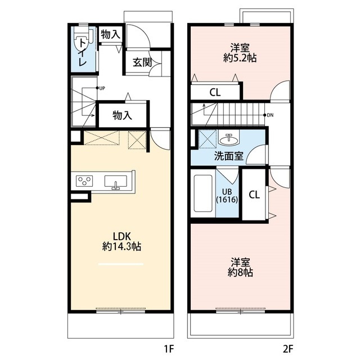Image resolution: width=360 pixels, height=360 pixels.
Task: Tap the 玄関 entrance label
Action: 142,62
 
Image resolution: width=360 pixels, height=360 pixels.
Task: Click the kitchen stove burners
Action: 84,181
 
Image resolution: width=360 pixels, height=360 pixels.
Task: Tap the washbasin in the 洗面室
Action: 229,138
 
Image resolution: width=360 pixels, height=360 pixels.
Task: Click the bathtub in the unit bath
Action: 203,193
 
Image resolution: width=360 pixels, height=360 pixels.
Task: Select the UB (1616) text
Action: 227,196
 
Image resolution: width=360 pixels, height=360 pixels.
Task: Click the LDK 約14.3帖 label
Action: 121,241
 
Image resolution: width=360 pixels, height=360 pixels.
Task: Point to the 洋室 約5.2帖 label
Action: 240,53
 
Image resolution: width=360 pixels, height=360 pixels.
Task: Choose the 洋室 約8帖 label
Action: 240,268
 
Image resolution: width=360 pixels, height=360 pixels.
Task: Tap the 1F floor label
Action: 169,349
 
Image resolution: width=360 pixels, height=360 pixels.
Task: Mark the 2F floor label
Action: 288,349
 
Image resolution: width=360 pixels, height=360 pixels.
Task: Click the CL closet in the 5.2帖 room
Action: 215,92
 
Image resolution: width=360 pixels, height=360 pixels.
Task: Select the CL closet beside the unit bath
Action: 254,195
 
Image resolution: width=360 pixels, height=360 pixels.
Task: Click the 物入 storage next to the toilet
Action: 110,34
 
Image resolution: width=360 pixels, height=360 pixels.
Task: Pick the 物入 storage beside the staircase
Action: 123,115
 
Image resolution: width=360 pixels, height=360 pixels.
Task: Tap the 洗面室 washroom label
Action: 229,156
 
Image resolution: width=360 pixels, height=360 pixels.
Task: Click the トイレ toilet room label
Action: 83,52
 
